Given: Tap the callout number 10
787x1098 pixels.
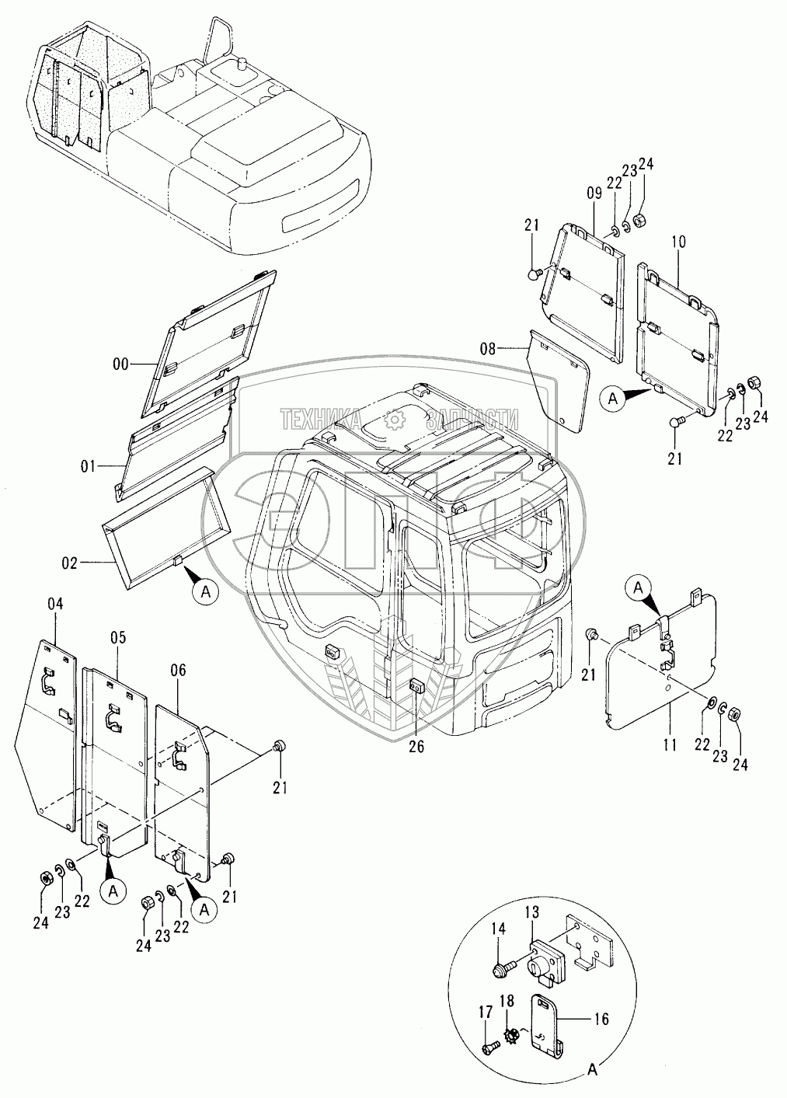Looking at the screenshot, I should [x=678, y=242].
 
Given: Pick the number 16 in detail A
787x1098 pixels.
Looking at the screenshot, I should [x=601, y=1020].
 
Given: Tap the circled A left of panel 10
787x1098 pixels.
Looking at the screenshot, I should [x=613, y=399].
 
